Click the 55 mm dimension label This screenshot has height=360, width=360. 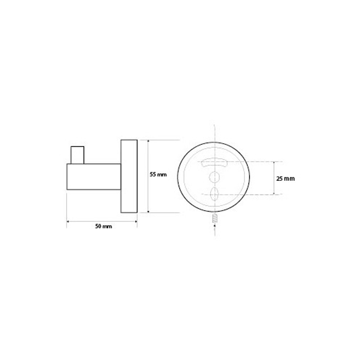click(x=158, y=175)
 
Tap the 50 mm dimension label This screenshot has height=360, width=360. click(x=103, y=226)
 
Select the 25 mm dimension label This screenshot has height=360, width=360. click(x=285, y=178)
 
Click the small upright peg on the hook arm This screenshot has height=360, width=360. click(x=77, y=155)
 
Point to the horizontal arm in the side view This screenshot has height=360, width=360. click(x=94, y=177)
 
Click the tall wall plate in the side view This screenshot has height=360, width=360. click(x=129, y=176)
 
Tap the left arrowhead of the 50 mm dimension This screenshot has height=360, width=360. click(x=68, y=221)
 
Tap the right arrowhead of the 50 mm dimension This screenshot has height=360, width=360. click(x=136, y=221)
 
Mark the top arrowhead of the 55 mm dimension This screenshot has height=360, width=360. click(x=148, y=141)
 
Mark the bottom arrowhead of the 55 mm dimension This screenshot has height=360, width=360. click(x=148, y=211)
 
